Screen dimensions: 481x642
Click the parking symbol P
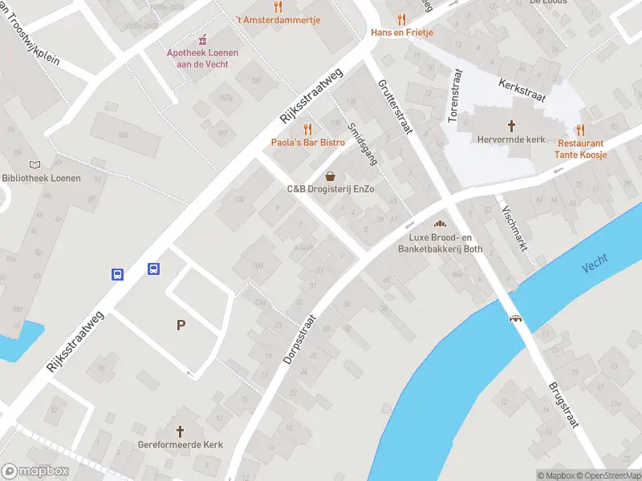click(181, 325)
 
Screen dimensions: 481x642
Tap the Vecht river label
click(595, 262)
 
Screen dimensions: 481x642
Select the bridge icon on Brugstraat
click(516, 317)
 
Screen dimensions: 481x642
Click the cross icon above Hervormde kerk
click(511, 125)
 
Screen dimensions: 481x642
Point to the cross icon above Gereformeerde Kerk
click(180, 430)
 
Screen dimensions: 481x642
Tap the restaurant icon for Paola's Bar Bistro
click(307, 129)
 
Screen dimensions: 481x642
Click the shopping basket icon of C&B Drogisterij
click(330, 176)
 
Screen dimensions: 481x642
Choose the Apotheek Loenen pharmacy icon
click(202, 38)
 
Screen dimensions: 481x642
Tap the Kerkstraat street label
click(522, 90)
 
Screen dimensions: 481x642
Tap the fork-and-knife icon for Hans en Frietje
click(401, 19)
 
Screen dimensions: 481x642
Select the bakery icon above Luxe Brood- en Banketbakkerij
click(439, 224)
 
